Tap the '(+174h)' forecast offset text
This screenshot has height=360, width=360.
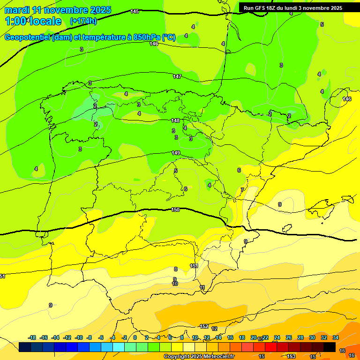tap(83, 21)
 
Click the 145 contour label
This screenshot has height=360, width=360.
tap(135, 11)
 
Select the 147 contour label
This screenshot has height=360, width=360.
tap(177, 76)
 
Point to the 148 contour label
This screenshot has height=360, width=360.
tap(175, 120)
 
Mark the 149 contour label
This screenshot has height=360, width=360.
tap(176, 153)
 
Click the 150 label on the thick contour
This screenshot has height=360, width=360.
tap(175, 210)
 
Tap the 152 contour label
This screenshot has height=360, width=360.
tap(204, 326)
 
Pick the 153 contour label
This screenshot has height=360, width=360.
tap(291, 356)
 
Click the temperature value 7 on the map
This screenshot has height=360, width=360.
tap(242, 190)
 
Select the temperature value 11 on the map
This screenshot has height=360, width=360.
tap(202, 287)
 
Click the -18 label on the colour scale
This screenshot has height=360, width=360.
tap(32, 337)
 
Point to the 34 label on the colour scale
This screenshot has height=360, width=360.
tap(336, 337)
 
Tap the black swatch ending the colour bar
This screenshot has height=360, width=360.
tap(330, 347)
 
